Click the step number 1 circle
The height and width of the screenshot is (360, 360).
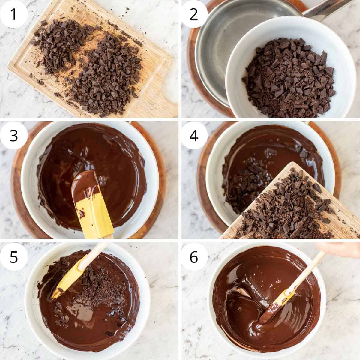click(13, 14)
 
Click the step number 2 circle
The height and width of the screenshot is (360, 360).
click(193, 14)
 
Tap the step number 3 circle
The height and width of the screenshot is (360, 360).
click(13, 135)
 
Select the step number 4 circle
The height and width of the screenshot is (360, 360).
click(193, 135)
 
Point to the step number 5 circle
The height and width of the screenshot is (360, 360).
click(13, 257)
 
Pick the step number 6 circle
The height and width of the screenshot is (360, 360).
click(193, 257)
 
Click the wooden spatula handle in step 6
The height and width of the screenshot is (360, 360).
click(306, 269)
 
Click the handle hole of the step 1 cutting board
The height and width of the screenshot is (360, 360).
click(170, 90)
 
